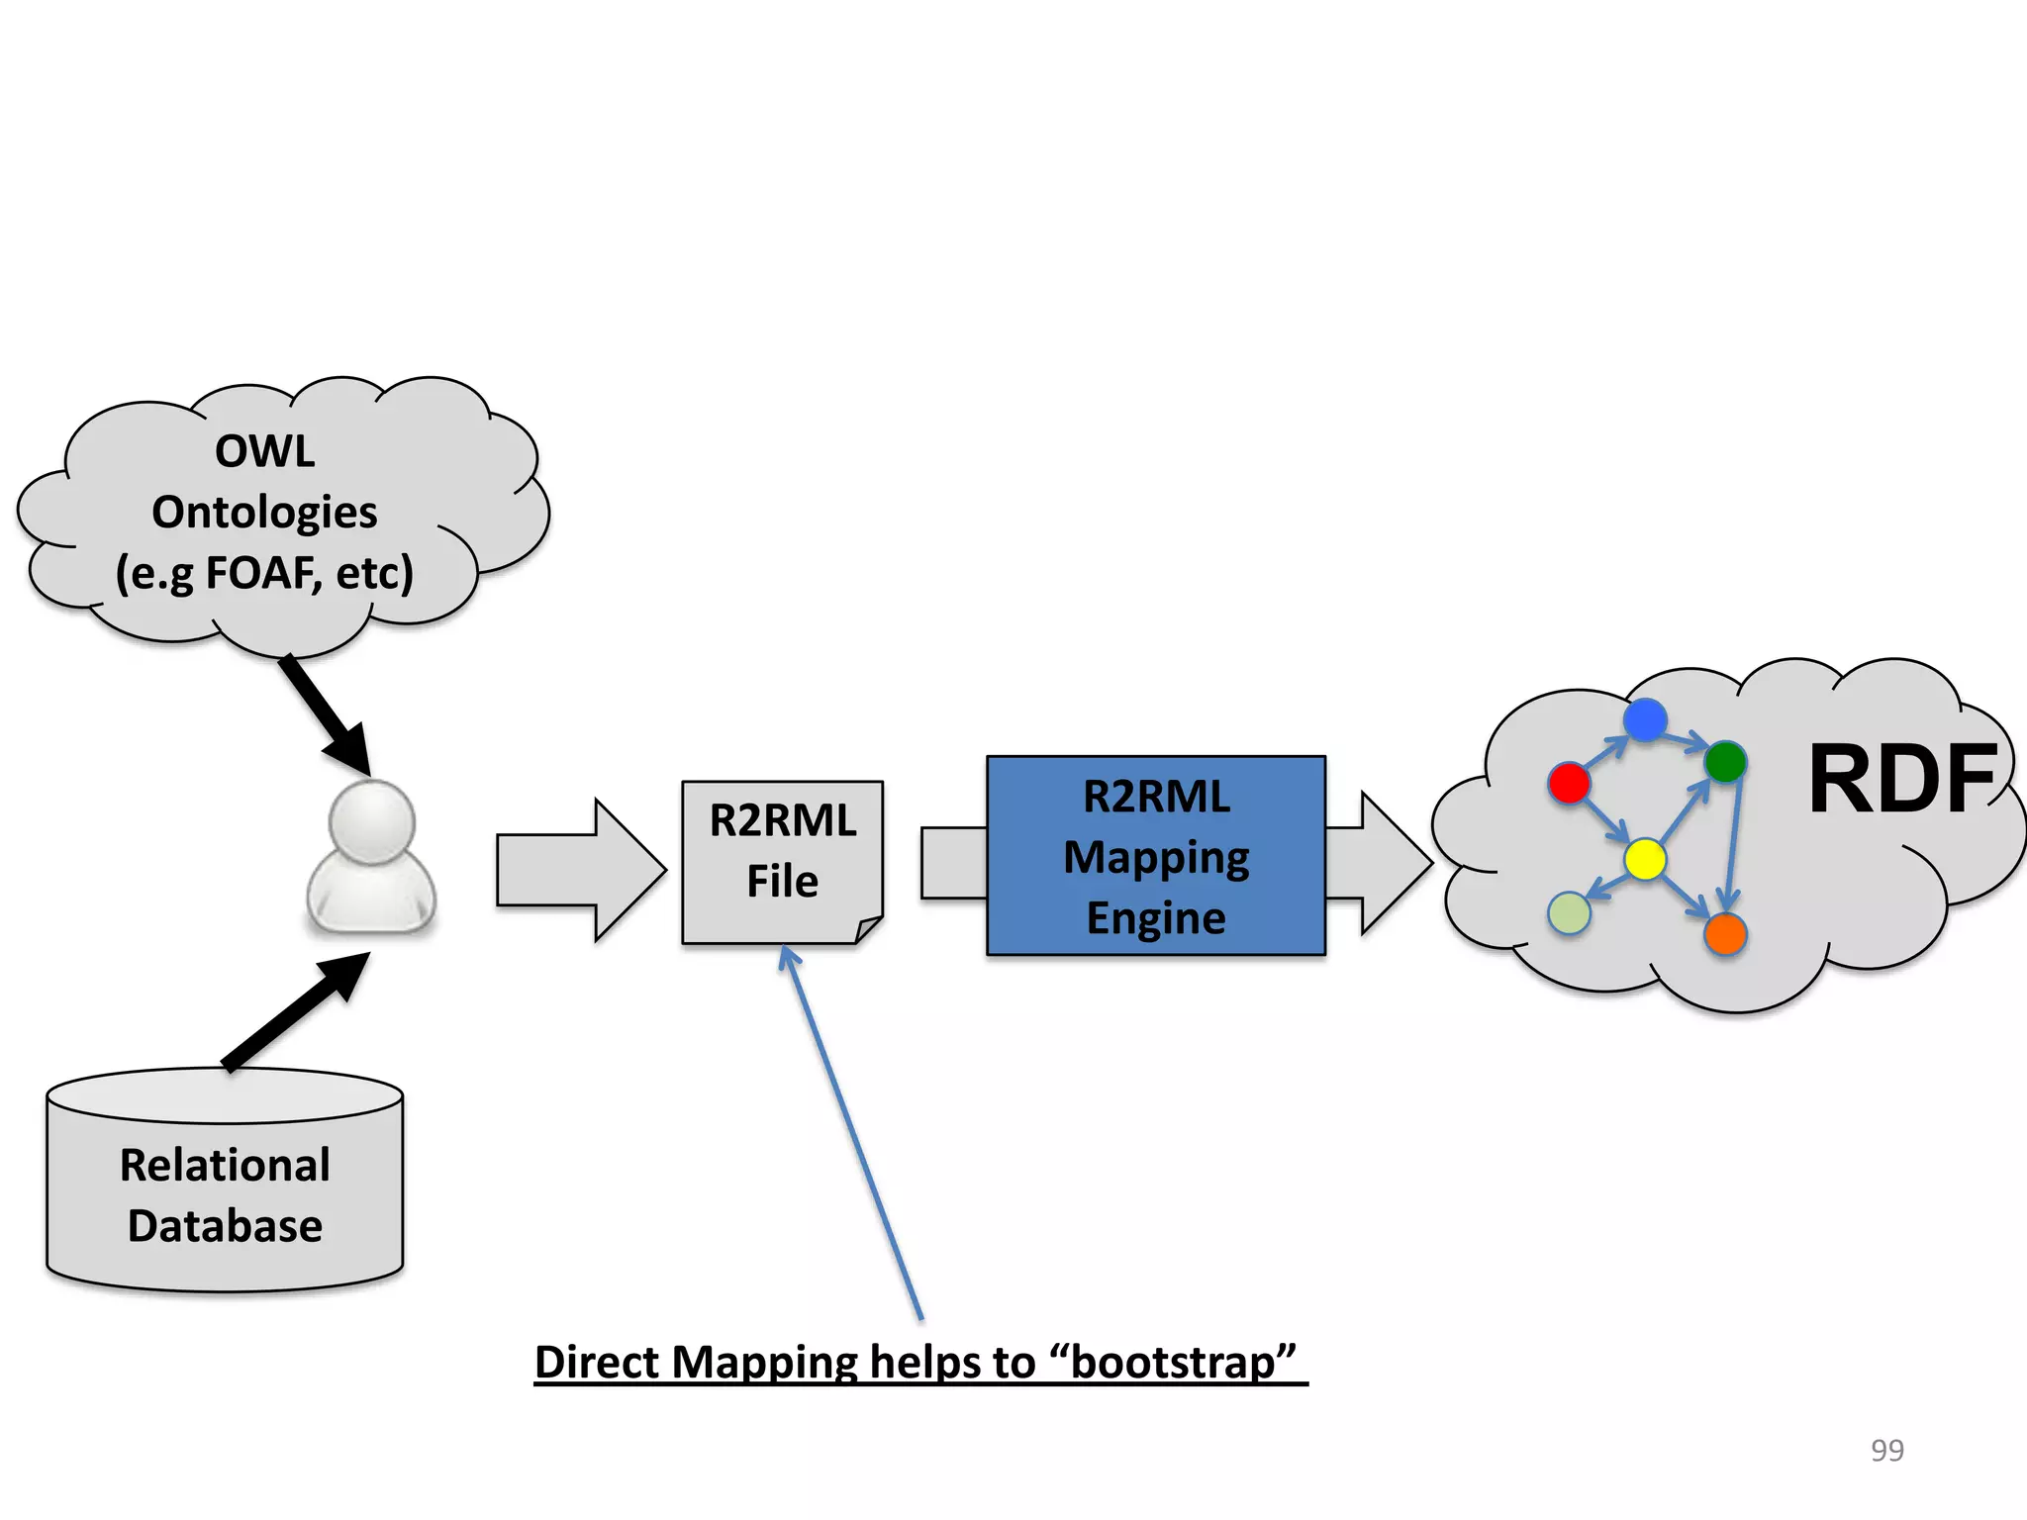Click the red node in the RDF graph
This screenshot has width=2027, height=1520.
[x=1569, y=783]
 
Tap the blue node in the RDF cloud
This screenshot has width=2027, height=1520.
[x=1645, y=719]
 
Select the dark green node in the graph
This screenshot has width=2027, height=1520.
[x=1725, y=761]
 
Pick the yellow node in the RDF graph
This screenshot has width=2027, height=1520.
[x=1645, y=859]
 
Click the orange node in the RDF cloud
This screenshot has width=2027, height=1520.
[x=1725, y=934]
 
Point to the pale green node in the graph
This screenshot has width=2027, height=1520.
[x=1569, y=912]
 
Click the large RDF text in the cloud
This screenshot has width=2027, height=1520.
[x=1901, y=781]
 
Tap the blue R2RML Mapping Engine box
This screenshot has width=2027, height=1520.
[x=1155, y=856]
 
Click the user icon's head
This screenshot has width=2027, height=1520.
[x=371, y=821]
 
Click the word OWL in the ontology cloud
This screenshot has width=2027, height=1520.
[x=265, y=452]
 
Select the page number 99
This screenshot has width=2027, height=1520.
[x=1886, y=1450]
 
